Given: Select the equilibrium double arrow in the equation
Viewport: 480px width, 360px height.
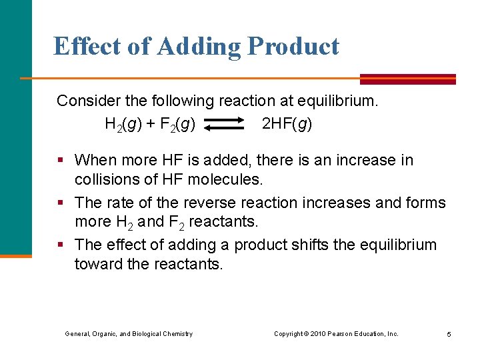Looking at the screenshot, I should (x=225, y=125).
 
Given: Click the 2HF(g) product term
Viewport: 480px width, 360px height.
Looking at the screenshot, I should (x=287, y=124).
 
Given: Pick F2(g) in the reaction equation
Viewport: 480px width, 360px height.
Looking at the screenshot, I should (x=177, y=125).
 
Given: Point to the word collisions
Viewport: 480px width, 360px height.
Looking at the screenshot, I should (x=107, y=179).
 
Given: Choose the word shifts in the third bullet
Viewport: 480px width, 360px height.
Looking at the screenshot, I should (x=311, y=245).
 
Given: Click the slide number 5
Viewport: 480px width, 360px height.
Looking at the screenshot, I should (x=449, y=334).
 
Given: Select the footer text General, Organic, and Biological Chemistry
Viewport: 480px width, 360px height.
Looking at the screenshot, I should (x=129, y=333).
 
